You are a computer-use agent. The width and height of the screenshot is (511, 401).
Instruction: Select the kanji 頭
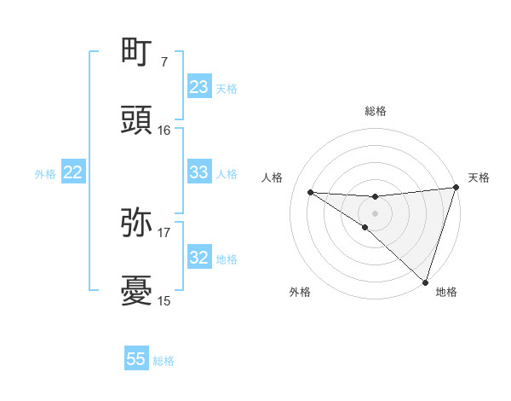click(136, 121)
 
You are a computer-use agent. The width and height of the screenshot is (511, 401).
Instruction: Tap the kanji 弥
click(136, 223)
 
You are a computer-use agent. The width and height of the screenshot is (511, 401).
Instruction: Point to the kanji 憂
click(136, 291)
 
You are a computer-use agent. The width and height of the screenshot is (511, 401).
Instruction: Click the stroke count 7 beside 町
click(164, 62)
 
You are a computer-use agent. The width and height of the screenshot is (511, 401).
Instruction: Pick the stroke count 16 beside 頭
click(164, 131)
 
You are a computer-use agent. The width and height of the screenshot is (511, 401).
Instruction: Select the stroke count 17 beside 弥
click(164, 232)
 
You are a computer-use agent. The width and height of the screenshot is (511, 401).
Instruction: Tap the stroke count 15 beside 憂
click(164, 300)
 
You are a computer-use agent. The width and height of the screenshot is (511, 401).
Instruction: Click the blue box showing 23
click(199, 87)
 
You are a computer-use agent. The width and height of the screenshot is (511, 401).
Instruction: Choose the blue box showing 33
click(199, 172)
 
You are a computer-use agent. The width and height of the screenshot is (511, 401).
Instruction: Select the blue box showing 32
click(199, 257)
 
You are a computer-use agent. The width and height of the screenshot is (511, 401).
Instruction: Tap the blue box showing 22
click(73, 172)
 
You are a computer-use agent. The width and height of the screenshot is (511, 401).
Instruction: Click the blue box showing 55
click(136, 359)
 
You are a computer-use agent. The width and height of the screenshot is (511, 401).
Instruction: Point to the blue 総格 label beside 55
click(164, 361)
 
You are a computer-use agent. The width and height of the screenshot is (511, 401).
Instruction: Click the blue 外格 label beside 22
click(45, 174)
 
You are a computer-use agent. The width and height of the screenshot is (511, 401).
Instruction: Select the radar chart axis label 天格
click(479, 177)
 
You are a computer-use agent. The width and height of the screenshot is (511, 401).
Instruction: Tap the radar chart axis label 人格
click(273, 177)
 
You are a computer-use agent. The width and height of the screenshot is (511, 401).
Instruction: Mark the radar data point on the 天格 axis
click(456, 188)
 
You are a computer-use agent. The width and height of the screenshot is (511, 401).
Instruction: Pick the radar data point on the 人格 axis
click(310, 192)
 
